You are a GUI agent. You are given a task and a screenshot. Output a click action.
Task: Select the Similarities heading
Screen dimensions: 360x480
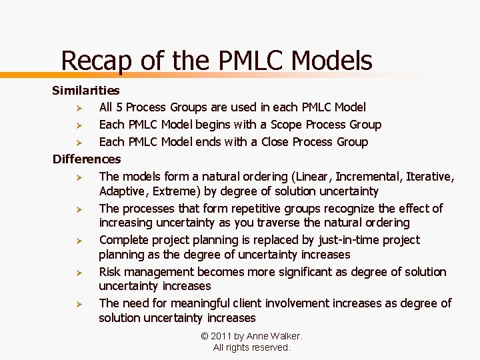pos(86,90)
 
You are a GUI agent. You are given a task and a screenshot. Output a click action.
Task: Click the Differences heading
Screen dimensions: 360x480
pos(87,159)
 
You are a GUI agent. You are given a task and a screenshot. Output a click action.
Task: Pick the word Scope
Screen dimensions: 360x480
pos(271,125)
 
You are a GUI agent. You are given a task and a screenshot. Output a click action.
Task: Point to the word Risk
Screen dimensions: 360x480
pos(111,272)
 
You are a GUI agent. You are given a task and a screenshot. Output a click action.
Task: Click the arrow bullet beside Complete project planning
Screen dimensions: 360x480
pos(78,241)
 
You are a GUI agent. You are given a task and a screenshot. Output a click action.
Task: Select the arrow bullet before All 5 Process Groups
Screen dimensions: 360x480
pos(78,108)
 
